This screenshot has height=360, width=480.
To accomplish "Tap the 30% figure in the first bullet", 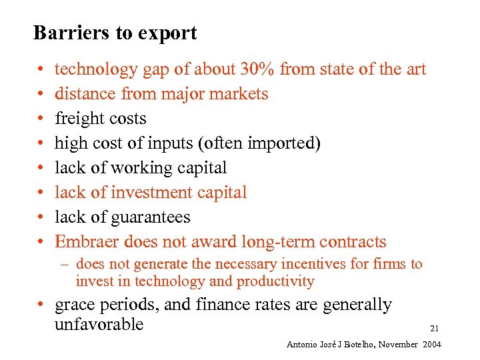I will pyautogui.click(x=295, y=69).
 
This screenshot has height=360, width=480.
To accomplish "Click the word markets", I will pyautogui.click(x=239, y=94).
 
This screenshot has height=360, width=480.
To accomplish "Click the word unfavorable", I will pyautogui.click(x=99, y=325).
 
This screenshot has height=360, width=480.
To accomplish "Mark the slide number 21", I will pyautogui.click(x=434, y=328).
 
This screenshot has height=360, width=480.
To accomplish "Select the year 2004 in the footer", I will pyautogui.click(x=431, y=344).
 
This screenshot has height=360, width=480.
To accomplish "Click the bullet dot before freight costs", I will pyautogui.click(x=40, y=119).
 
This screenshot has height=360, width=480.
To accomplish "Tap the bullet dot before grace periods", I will pyautogui.click(x=41, y=305).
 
